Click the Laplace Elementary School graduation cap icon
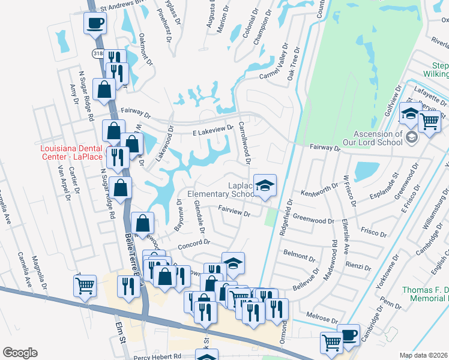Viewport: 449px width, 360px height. coord(264,186)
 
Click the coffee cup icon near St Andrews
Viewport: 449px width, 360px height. coord(95,24)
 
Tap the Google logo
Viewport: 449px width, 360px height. coord(20,353)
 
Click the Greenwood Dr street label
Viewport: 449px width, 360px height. coord(313,221)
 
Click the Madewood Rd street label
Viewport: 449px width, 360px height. coord(334,253)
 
